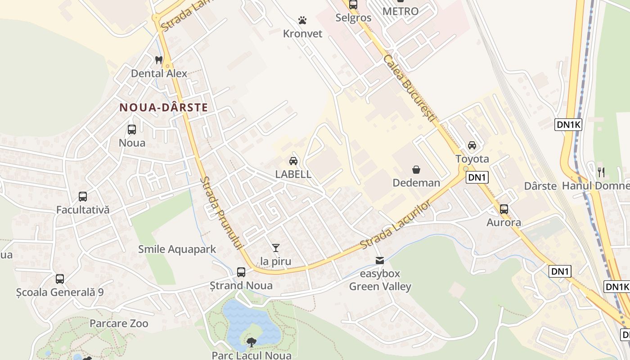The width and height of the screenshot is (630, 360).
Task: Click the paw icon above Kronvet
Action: [302, 20]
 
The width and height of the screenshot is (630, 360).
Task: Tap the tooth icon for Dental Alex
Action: [158, 60]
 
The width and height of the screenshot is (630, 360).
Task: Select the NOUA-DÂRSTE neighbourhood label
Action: [163, 108]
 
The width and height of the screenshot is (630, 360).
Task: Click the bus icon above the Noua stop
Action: [132, 130]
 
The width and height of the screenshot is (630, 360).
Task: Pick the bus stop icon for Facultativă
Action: [83, 197]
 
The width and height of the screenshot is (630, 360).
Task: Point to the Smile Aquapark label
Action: [177, 249]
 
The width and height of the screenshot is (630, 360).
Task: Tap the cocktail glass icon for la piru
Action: [276, 248]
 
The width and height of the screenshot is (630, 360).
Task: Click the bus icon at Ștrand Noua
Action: [241, 272]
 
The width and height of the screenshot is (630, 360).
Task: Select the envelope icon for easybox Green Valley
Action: [380, 261]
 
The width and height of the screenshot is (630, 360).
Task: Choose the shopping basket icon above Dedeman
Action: [416, 170]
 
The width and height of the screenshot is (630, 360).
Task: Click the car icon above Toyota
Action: [472, 145]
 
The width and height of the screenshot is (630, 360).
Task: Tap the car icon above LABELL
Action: [293, 161]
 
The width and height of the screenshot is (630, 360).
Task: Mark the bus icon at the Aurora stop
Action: [504, 209]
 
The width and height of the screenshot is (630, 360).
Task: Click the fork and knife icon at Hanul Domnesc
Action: [601, 172]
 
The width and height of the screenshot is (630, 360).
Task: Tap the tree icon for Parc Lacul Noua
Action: [252, 342]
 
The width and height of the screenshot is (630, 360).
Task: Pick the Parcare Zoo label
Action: [119, 324]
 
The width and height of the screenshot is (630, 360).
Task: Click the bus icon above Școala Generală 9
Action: [60, 279]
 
